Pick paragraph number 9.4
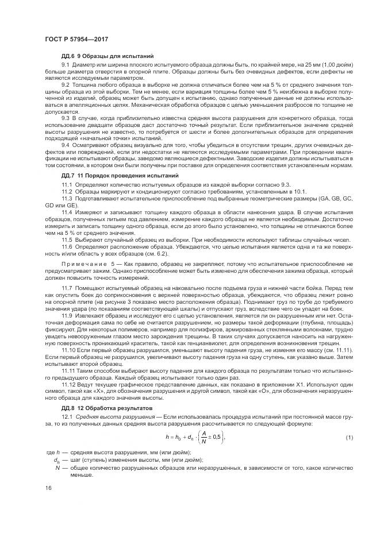click(x=66, y=145)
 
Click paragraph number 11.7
click(x=67, y=287)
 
